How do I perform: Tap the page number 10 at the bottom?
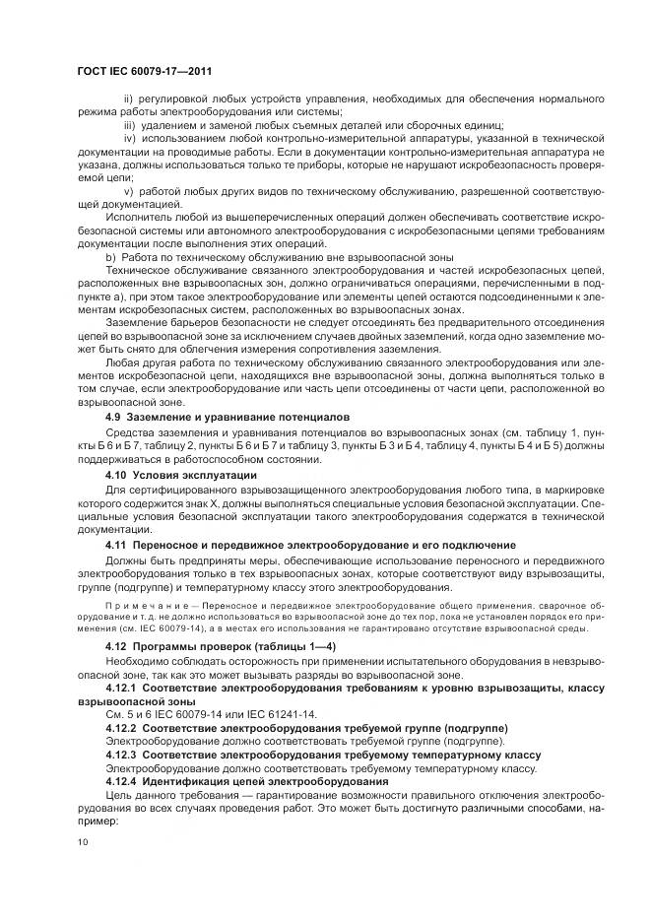[83, 842]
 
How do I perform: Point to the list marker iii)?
[130, 125]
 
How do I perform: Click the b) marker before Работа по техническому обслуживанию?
[110, 255]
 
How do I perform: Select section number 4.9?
[114, 418]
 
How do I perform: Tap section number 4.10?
[117, 475]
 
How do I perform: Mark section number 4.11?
[117, 545]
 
